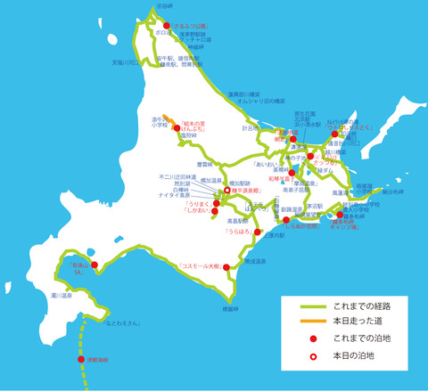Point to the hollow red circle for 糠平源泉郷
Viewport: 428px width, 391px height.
[x=227, y=190]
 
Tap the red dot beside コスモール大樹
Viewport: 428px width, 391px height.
[x=225, y=265]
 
